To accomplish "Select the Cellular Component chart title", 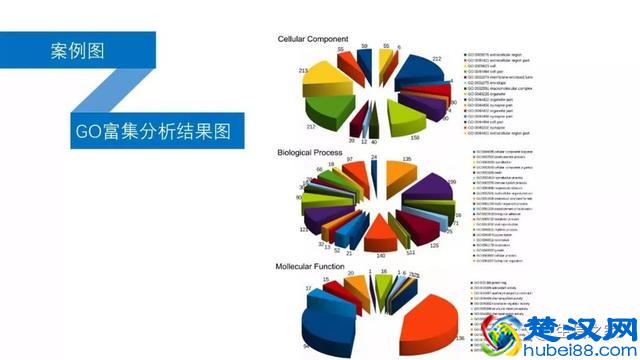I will point(320,39).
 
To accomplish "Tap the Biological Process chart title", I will point(318,152).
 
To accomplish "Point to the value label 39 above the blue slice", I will point(366,47).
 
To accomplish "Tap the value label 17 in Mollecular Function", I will point(309,289).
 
